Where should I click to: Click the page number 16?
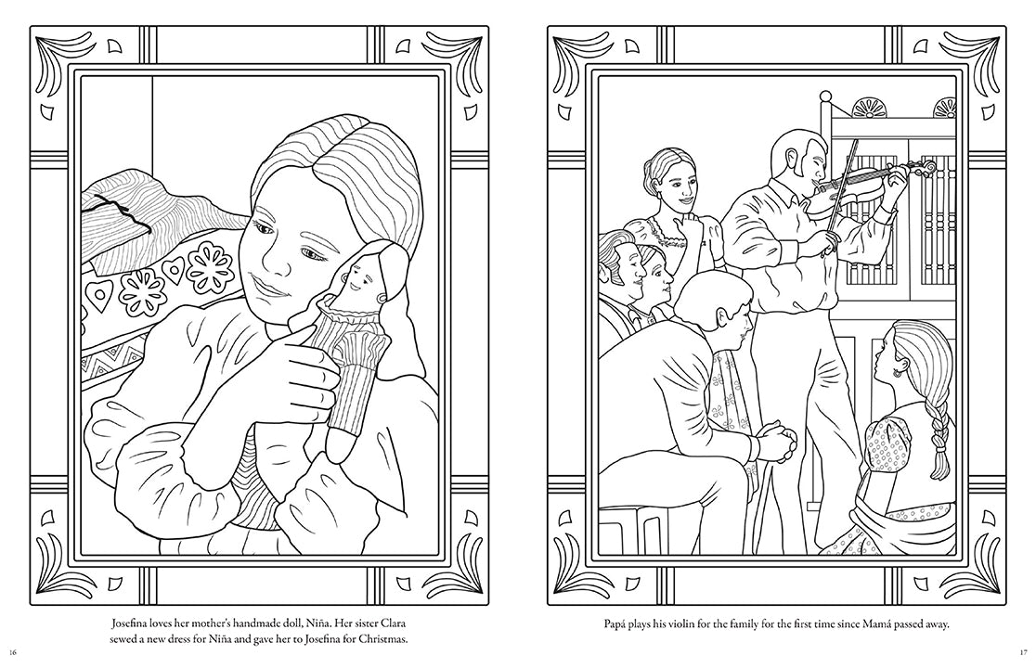tap(13, 653)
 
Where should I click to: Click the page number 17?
tap(1023, 653)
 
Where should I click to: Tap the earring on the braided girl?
tap(898, 372)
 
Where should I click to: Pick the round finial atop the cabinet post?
tap(824, 97)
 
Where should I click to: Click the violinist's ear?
tap(796, 169)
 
